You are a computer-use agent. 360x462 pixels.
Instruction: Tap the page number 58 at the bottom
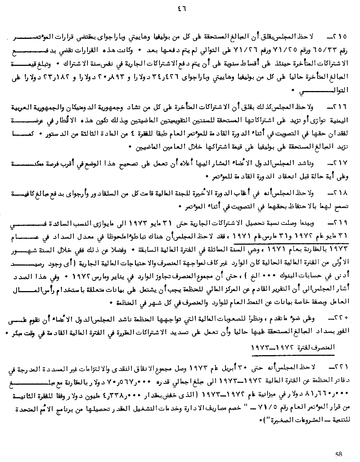click(338, 454)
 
